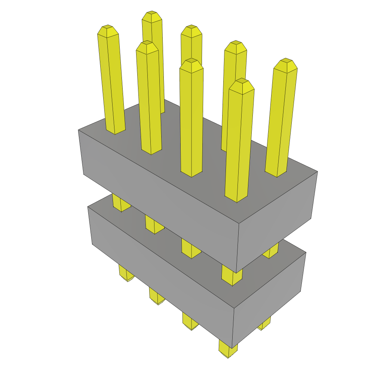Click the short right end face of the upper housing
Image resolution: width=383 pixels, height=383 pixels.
point(277,221)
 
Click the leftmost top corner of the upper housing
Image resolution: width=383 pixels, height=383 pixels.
point(79,130)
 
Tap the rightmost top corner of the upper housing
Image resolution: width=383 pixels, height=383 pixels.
point(317,172)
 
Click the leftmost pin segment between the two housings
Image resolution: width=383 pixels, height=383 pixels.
point(120,204)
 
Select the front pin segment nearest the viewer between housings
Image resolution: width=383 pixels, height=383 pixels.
point(231,275)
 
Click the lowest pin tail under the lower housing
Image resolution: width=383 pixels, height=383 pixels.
point(228,350)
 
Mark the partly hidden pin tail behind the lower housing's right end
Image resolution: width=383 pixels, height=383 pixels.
point(265,324)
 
